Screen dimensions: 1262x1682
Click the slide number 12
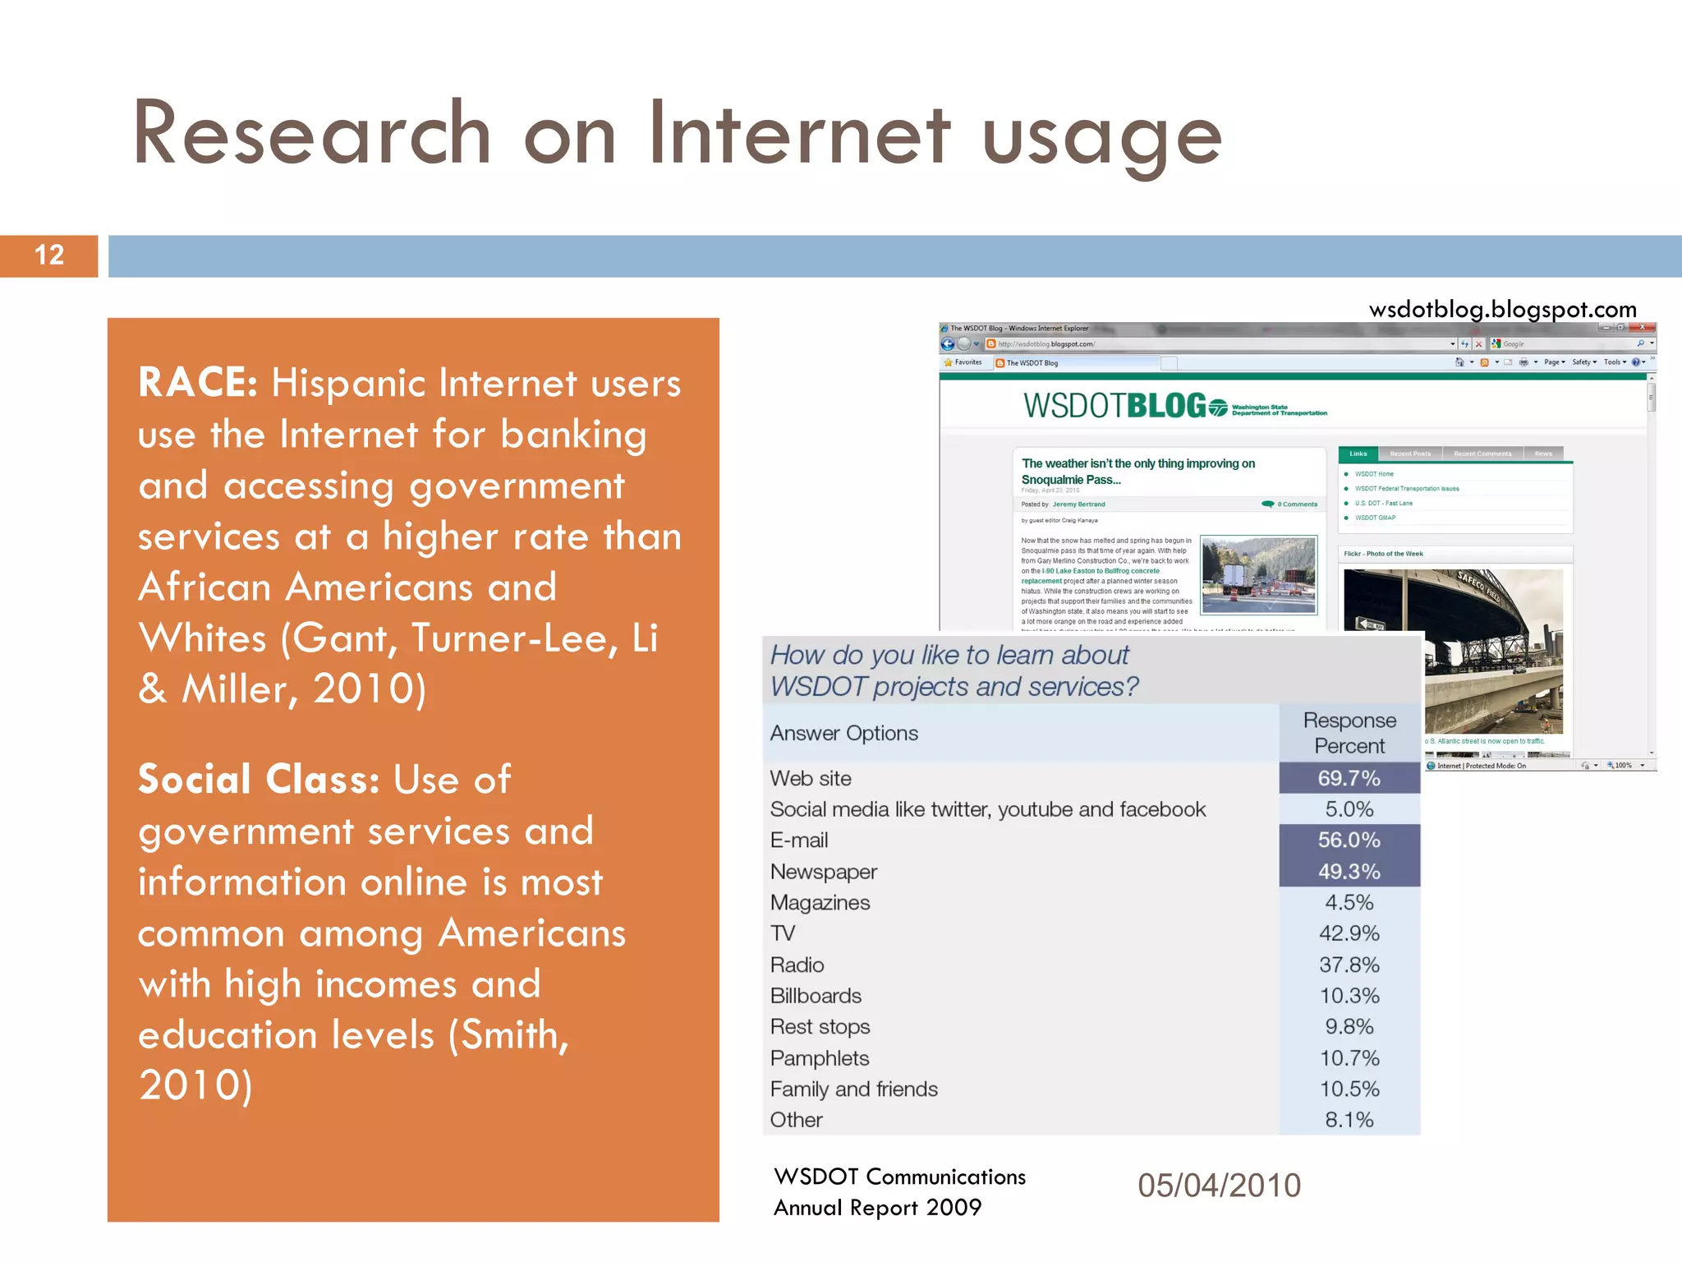coord(49,256)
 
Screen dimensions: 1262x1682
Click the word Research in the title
coord(312,133)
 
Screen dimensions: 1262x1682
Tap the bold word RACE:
coord(198,383)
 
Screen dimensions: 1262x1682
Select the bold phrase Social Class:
coord(258,780)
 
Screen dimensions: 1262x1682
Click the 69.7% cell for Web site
coord(1349,778)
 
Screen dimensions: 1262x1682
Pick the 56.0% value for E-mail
coord(1349,841)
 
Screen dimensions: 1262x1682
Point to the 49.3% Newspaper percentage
coord(1349,872)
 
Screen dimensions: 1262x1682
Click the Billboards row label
coord(816,996)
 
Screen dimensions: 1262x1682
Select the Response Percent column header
coord(1349,733)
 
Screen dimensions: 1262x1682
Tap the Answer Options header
coord(843,733)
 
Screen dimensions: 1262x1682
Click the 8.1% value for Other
coord(1349,1120)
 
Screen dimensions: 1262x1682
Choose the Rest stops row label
coord(820,1027)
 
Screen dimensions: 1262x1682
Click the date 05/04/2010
coord(1219,1186)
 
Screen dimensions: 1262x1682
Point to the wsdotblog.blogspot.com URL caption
coord(1502,310)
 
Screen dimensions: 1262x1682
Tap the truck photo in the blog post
coord(1258,575)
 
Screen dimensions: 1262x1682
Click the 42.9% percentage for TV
coord(1349,933)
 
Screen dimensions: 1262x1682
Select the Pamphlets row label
coord(819,1058)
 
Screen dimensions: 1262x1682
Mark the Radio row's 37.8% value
coord(1349,965)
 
